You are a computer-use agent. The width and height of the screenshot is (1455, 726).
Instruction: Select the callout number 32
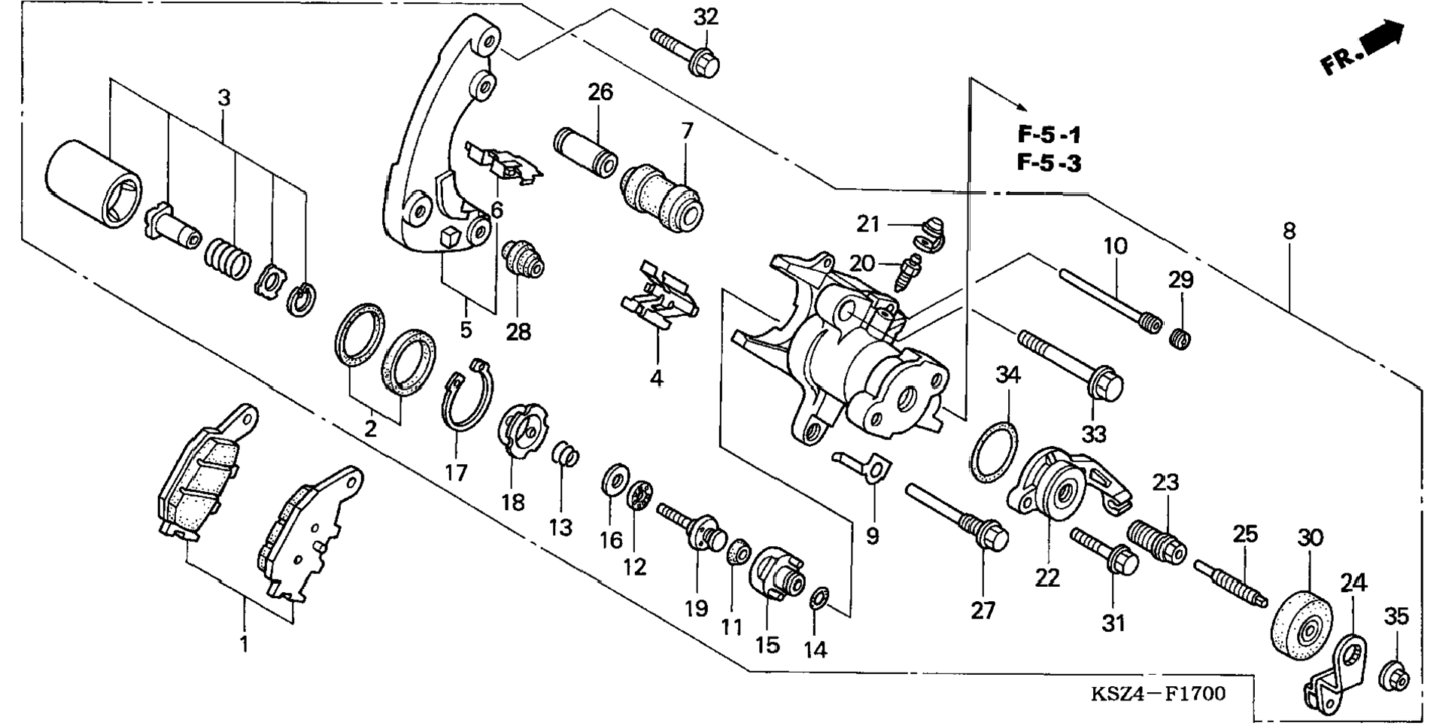(x=706, y=16)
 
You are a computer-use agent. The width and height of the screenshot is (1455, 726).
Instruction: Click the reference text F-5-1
(x=1049, y=135)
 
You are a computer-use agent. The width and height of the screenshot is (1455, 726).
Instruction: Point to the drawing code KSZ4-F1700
(x=1158, y=693)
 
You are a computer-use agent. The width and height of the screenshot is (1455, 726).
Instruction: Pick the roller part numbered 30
(x=1302, y=624)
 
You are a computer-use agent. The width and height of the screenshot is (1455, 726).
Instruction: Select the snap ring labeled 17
(x=467, y=394)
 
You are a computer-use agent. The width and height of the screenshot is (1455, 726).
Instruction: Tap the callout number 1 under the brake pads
(x=244, y=644)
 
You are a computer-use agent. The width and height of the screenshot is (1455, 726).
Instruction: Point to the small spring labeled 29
(x=1180, y=338)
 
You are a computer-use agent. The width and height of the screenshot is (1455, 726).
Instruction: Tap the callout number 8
(x=1289, y=231)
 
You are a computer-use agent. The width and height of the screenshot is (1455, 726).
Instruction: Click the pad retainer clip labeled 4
(x=659, y=297)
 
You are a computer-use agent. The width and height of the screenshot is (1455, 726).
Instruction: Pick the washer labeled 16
(x=615, y=478)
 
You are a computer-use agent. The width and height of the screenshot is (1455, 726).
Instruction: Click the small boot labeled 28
(x=524, y=260)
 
